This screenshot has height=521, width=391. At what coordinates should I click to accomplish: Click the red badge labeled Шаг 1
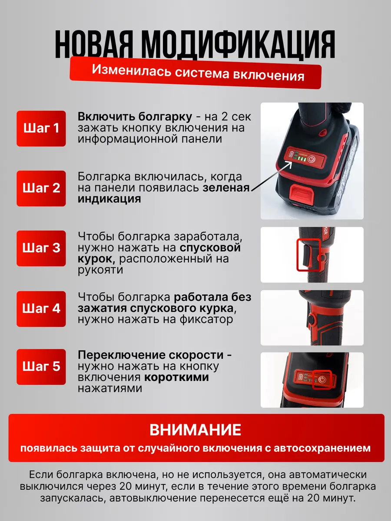[41, 129]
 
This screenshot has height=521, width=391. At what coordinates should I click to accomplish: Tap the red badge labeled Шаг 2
[41, 188]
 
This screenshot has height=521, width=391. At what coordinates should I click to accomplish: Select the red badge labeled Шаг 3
[41, 248]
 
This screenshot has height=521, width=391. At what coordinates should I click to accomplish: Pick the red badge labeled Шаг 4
[41, 309]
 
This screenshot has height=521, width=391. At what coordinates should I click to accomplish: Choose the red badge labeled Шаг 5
[41, 367]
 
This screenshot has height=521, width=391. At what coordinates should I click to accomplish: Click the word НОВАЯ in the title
[93, 44]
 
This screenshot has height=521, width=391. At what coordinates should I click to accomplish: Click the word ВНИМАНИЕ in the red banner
[195, 430]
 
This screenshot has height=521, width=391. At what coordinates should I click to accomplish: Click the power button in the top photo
[311, 159]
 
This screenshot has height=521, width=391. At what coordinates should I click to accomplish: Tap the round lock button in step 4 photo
[311, 318]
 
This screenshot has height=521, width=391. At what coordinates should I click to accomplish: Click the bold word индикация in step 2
[109, 199]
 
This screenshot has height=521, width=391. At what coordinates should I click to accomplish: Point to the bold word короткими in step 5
[177, 377]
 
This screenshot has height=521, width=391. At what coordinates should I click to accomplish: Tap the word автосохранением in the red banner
[322, 448]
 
